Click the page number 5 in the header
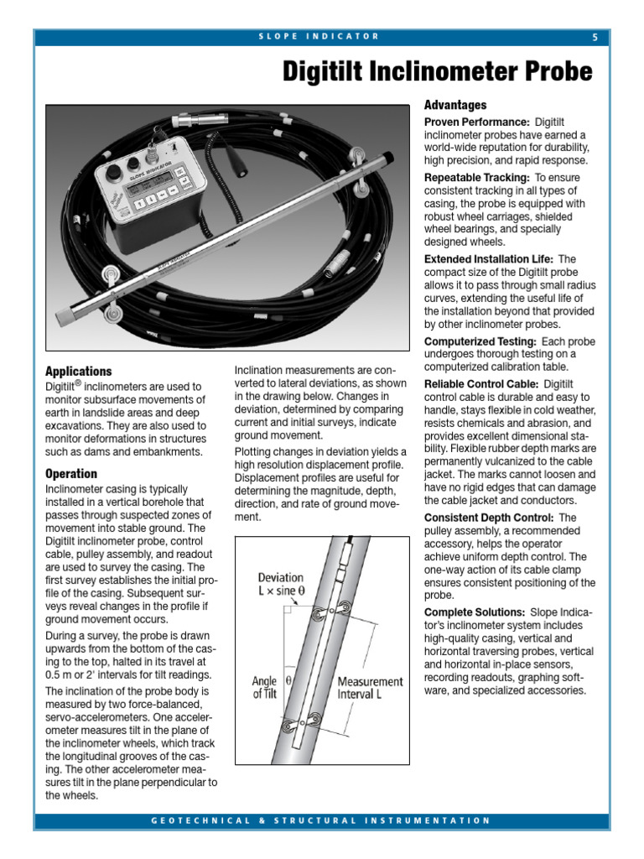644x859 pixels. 595,37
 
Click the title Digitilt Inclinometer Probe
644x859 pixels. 437,71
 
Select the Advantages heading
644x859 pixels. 454,106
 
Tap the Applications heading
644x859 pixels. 78,371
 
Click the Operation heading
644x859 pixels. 71,474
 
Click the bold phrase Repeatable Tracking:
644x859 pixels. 476,178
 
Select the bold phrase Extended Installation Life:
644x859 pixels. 489,259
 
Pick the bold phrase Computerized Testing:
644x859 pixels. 480,341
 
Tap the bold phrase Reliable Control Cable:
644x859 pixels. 482,383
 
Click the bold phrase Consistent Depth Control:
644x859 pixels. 489,518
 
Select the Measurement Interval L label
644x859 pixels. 370,688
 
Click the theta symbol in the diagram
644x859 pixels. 290,682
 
